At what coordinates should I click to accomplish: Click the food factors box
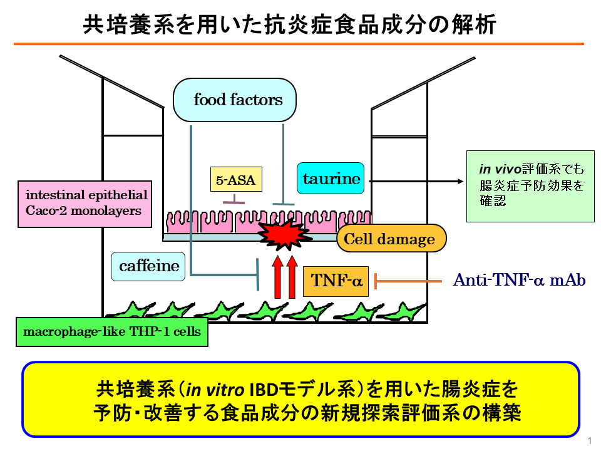tap(235, 100)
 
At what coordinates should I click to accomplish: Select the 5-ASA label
tap(235, 181)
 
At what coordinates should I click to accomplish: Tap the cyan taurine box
tap(332, 179)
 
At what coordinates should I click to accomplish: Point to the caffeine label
tap(149, 266)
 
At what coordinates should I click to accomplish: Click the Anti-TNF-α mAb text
tap(519, 280)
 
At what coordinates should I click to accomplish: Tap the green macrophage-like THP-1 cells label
tap(111, 331)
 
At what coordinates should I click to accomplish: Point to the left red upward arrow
tap(277, 277)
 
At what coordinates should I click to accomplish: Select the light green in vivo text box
tap(530, 186)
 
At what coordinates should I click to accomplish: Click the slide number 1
tap(590, 440)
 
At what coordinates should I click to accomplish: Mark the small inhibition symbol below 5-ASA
tap(234, 200)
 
